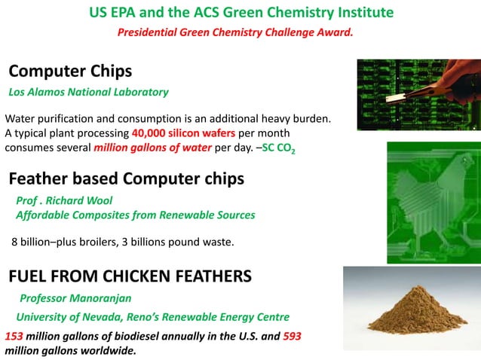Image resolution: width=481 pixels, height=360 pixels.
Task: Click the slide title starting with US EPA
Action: coord(240,13)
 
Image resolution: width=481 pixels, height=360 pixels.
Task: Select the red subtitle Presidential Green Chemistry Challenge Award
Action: coord(235,32)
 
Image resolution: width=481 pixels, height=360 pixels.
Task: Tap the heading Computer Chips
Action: coord(70,72)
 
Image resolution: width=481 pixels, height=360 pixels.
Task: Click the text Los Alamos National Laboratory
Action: coord(88,92)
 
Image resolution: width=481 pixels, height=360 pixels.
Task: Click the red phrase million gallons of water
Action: coord(153,148)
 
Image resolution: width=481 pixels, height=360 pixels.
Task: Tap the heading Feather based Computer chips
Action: coord(126,179)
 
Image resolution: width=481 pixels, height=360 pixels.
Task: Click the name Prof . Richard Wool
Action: coord(64,200)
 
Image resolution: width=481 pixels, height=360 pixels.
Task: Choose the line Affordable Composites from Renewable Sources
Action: coord(136,215)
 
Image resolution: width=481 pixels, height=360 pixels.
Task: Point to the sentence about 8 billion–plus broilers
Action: coord(123,242)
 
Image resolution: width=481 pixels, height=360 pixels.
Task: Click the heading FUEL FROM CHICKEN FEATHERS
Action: coord(130,276)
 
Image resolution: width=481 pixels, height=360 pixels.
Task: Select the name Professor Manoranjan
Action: coord(75,297)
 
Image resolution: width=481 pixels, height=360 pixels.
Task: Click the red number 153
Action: coord(14,336)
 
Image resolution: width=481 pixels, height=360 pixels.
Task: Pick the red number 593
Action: coord(292,336)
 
